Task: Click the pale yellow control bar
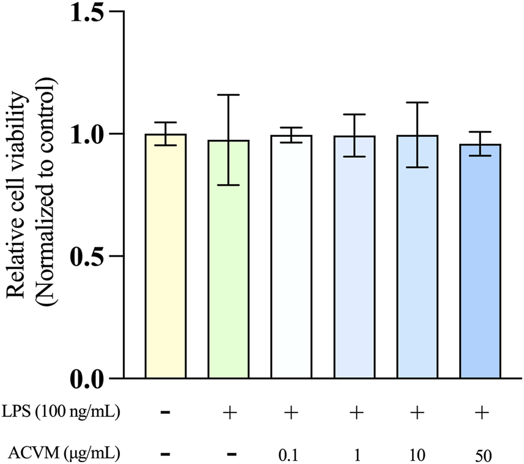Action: (165, 257)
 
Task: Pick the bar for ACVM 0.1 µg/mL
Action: (291, 257)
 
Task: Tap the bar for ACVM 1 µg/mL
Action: (354, 257)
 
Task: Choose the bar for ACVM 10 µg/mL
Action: (417, 257)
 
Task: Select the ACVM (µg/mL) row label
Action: (64, 454)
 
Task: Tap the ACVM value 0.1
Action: (291, 455)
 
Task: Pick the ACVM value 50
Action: (481, 455)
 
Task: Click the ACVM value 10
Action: (417, 455)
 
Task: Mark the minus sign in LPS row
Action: (165, 414)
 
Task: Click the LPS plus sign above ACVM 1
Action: (354, 414)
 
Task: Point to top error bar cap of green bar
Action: (228, 95)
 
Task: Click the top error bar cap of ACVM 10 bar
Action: (417, 103)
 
